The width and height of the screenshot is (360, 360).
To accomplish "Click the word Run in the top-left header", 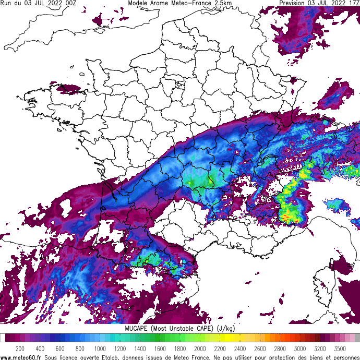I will pyautogui.click(x=6, y=3).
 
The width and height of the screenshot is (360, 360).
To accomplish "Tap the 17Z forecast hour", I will pyautogui.click(x=353, y=3).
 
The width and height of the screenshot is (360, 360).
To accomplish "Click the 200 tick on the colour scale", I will pyautogui.click(x=20, y=349).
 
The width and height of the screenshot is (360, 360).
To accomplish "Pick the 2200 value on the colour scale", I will pyautogui.click(x=220, y=349).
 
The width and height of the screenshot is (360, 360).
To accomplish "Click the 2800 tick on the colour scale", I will pyautogui.click(x=280, y=349).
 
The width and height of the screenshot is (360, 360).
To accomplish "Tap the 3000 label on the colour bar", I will pyautogui.click(x=300, y=349).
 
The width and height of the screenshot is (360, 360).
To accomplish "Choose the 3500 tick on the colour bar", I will pyautogui.click(x=340, y=349).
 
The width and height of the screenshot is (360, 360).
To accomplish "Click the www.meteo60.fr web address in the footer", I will pyautogui.click(x=21, y=357).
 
